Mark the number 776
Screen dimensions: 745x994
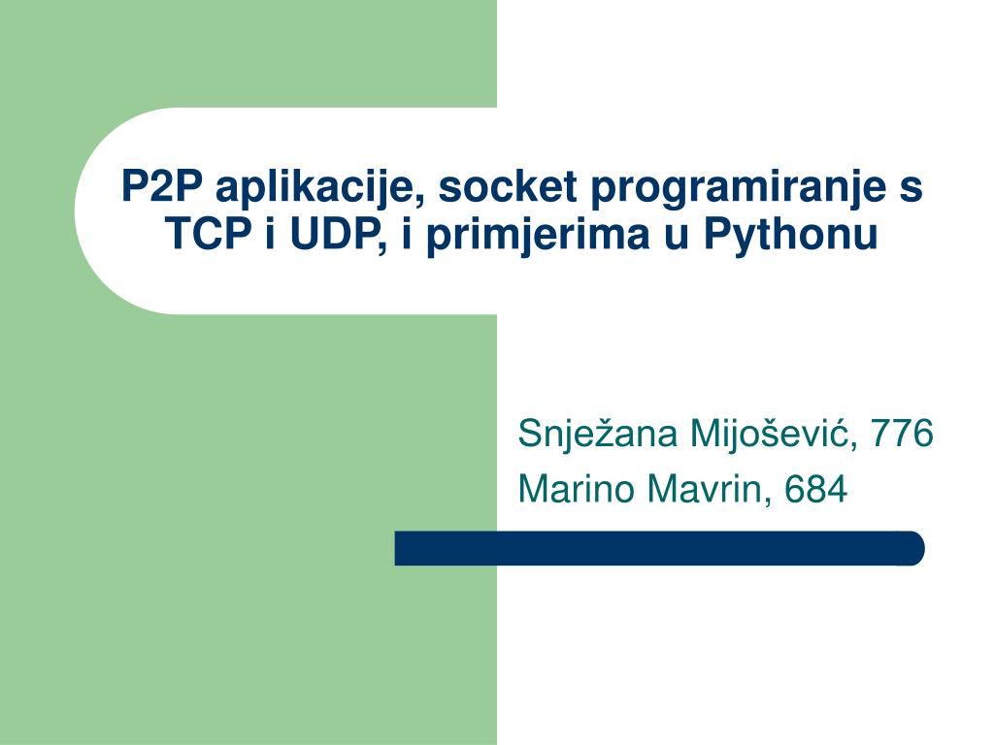[x=902, y=434]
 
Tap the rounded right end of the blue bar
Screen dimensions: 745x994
[x=913, y=548]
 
